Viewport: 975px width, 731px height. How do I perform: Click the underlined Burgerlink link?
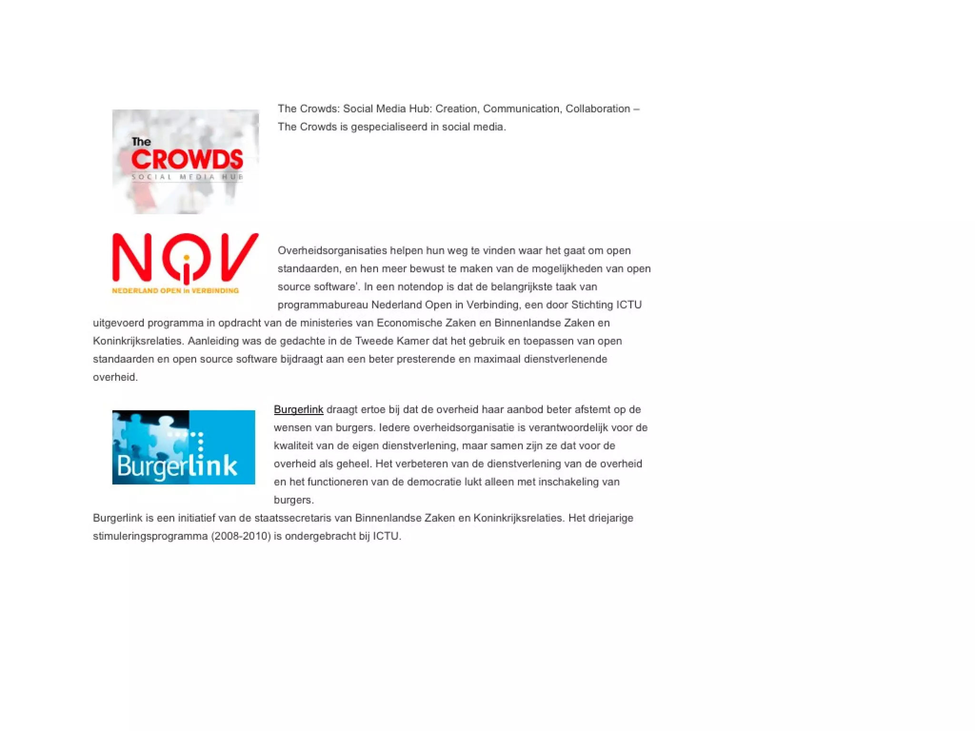298,409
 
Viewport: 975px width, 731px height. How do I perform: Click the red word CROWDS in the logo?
187,159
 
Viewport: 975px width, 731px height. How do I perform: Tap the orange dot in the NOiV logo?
187,258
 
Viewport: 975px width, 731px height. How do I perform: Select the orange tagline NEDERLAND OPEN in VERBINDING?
175,290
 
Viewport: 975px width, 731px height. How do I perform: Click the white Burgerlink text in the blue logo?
177,465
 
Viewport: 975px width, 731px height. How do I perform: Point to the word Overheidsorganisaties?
332,250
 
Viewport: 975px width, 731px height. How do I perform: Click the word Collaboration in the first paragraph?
597,109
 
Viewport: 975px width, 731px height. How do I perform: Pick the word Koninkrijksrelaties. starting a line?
139,341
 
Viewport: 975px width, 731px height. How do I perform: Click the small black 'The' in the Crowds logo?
141,142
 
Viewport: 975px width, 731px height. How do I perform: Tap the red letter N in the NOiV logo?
132,257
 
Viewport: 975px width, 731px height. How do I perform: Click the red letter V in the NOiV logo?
239,257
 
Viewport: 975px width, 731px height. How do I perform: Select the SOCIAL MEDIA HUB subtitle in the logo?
187,177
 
